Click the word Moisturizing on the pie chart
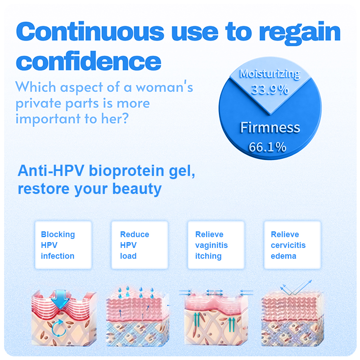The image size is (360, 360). pos(270,74)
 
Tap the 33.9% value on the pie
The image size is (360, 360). pos(270,90)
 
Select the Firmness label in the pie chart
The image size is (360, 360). pos(270,127)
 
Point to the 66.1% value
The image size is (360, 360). pos(267,147)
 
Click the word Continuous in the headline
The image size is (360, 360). pos(90,31)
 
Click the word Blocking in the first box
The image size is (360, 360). pos(58,234)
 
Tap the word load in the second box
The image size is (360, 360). pos(128,256)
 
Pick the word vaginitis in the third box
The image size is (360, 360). pos(211,245)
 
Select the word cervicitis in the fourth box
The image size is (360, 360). pos(288,245)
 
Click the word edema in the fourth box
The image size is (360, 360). pos(283,256)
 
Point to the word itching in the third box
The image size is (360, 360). pos(208,256)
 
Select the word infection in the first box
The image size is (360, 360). pos(58,256)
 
